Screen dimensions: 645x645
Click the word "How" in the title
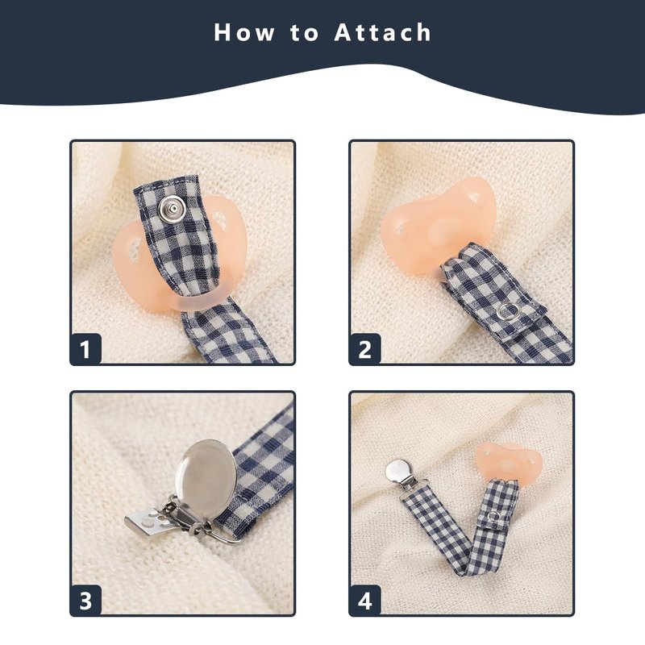[x=244, y=32]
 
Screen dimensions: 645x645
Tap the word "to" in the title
[x=304, y=32]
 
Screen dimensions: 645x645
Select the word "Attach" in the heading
[x=382, y=32]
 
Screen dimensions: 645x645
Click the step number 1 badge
[x=85, y=349]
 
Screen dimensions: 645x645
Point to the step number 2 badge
[x=365, y=349]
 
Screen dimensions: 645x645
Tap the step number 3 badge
[x=85, y=600]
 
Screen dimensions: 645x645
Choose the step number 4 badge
[x=365, y=600]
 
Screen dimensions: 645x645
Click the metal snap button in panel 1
[x=172, y=209]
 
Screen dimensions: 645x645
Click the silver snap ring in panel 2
[x=508, y=312]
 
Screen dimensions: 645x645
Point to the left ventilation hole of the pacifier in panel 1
[x=134, y=250]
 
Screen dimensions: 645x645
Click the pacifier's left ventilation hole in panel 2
[x=400, y=228]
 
